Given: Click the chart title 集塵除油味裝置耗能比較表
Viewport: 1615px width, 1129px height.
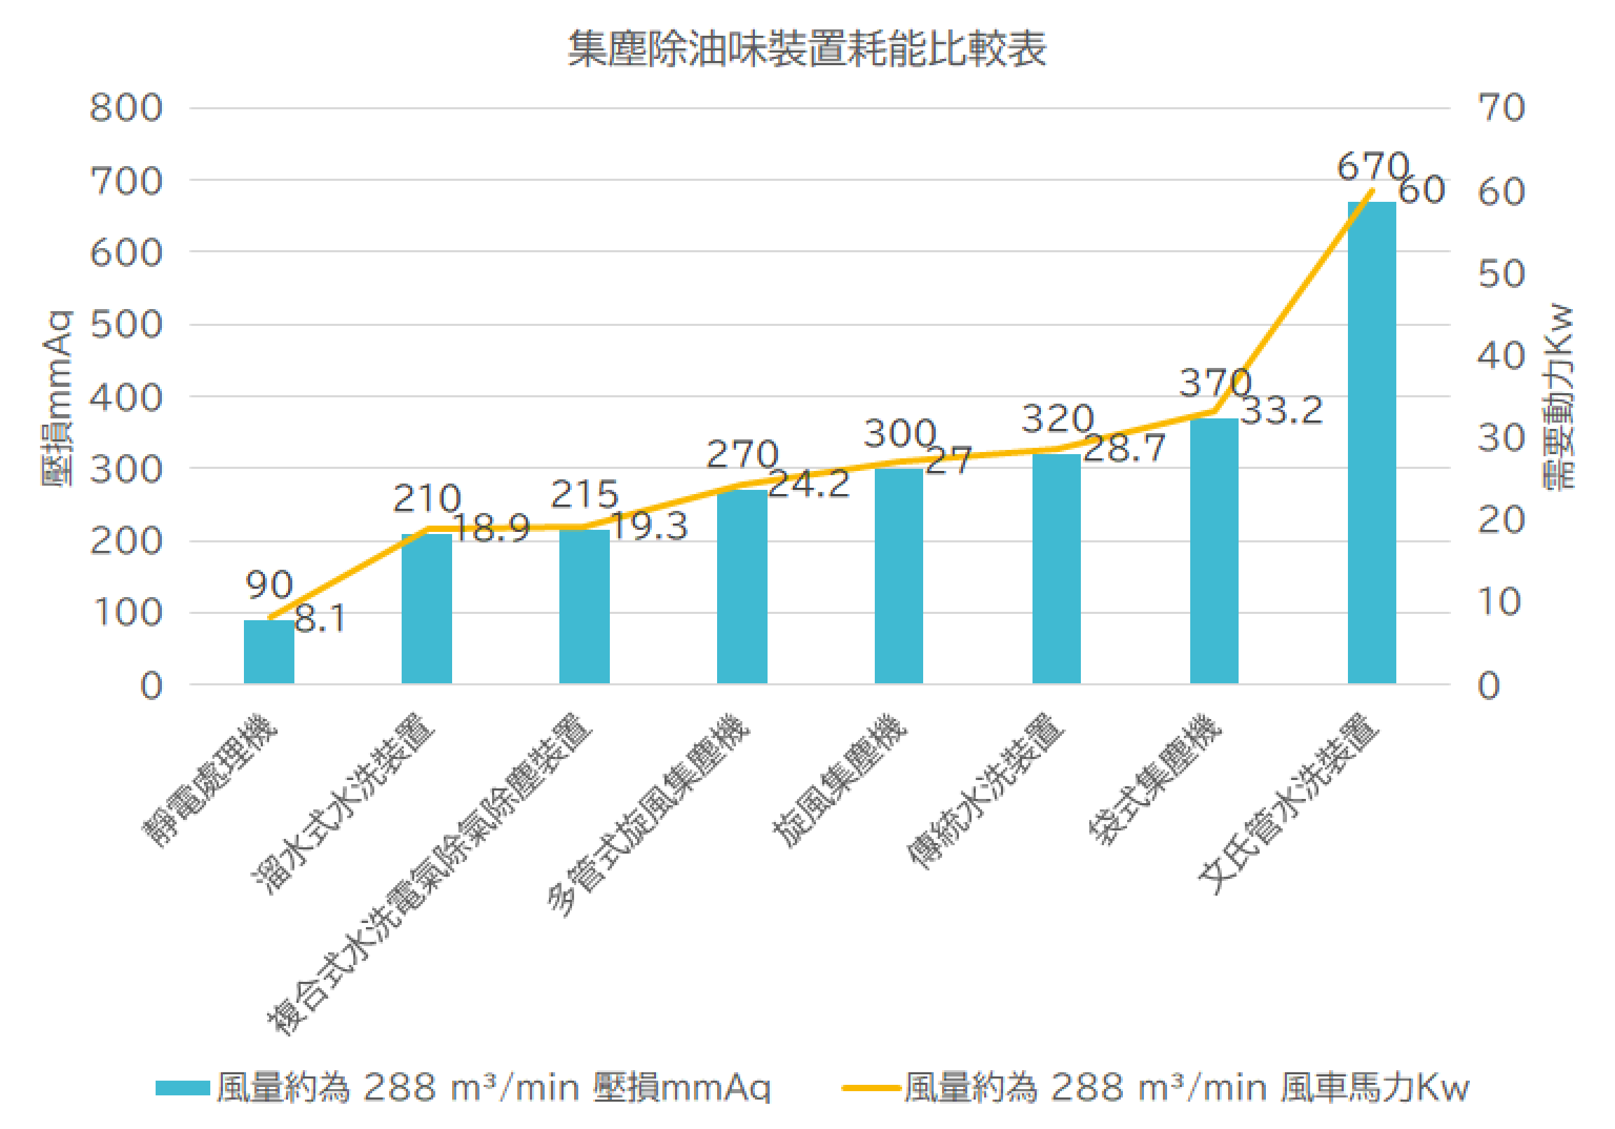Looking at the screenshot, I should (x=807, y=49).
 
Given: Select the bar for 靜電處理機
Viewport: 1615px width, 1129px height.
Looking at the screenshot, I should (x=268, y=651).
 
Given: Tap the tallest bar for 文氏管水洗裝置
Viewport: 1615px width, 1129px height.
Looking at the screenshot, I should (x=1371, y=443).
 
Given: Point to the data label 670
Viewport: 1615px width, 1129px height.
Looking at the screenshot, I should (x=1372, y=167).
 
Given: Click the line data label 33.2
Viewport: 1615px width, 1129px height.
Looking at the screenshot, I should (x=1281, y=411).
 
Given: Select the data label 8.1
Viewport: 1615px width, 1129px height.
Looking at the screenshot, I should (x=320, y=619).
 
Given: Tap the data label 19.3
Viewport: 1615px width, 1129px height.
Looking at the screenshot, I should (x=648, y=527).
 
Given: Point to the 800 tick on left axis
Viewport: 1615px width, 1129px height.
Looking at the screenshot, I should (x=126, y=109).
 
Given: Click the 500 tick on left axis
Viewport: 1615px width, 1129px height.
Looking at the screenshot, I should (x=126, y=326).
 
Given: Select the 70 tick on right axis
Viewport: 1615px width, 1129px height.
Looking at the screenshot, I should (x=1500, y=109).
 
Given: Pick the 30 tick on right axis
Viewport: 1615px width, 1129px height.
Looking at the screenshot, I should (x=1500, y=439).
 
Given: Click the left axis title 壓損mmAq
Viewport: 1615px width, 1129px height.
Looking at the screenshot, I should (x=56, y=398).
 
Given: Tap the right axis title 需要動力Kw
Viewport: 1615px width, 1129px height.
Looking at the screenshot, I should (x=1559, y=397).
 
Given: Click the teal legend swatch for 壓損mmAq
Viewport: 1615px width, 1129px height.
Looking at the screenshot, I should (x=182, y=1088).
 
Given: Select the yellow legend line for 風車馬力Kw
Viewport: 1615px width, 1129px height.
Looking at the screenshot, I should (x=871, y=1088).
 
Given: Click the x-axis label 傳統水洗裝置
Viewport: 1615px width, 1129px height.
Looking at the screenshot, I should (x=985, y=791).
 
